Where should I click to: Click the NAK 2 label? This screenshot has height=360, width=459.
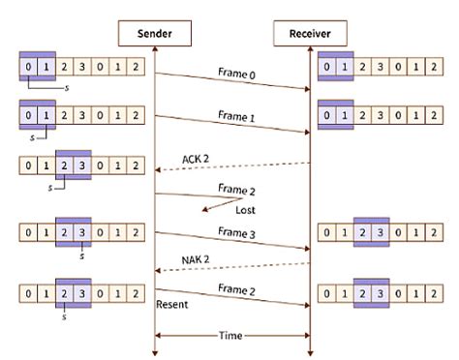tap(199, 261)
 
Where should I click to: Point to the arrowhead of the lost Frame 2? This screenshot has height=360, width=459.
tap(204, 208)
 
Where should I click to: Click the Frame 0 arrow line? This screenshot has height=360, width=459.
tap(232, 81)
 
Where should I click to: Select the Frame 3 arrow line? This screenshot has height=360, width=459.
tap(232, 241)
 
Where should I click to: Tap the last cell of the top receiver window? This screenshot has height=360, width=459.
tap(433, 68)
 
